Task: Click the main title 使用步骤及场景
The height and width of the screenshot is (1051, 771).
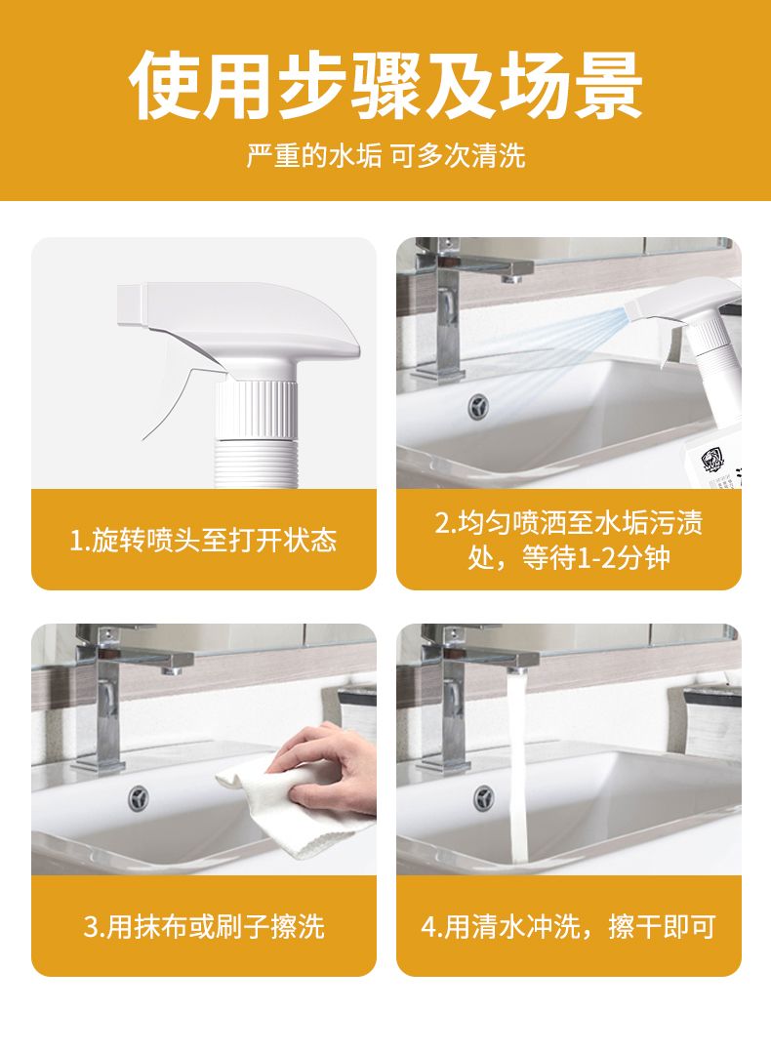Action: (385, 86)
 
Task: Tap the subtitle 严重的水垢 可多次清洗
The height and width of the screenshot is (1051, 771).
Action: (385, 156)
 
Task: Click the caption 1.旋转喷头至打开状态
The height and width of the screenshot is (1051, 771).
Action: (203, 541)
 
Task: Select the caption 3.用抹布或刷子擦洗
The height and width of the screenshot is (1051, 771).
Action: (204, 927)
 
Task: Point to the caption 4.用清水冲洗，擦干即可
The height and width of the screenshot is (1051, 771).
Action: (569, 927)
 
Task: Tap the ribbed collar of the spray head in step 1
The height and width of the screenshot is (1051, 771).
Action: (256, 409)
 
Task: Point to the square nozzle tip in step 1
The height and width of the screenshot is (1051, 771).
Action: (132, 305)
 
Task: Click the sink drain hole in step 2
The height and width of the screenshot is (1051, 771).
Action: (478, 406)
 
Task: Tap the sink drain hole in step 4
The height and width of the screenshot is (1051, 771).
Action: (484, 797)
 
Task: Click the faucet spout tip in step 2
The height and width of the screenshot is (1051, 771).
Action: (513, 275)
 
